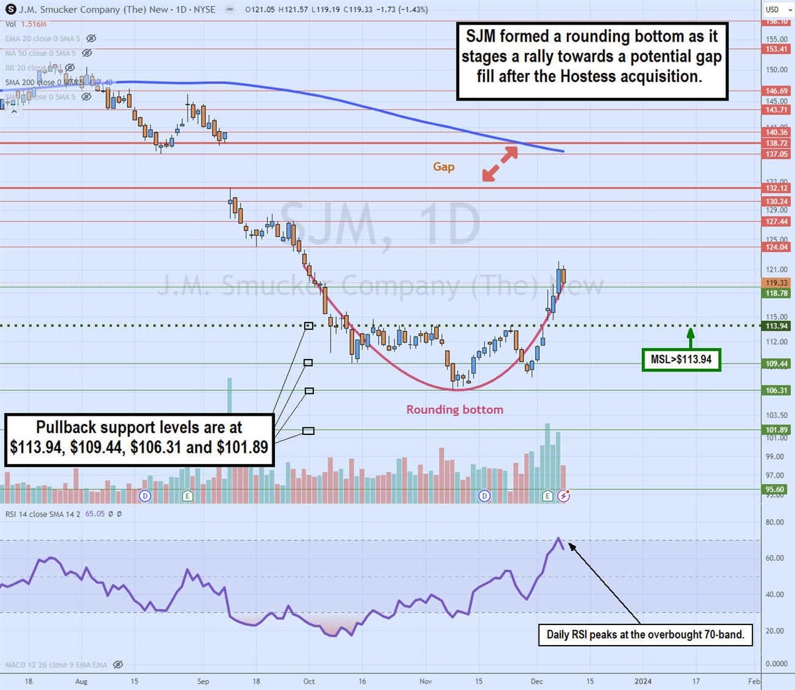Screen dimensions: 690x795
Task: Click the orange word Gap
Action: point(443,166)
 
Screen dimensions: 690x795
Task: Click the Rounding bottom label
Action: point(454,409)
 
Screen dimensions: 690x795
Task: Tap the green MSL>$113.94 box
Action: point(680,360)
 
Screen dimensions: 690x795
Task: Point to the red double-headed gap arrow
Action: point(500,163)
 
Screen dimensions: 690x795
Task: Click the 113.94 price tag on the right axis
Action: point(776,326)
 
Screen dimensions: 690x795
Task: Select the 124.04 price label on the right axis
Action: point(776,247)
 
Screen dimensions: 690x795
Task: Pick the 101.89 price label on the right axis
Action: point(776,430)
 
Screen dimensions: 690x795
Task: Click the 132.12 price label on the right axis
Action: point(776,188)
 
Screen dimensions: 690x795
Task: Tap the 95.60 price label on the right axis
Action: point(775,489)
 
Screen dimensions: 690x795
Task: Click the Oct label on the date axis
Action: point(309,681)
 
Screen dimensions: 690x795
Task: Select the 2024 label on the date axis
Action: point(643,681)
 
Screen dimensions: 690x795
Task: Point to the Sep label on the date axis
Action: point(203,681)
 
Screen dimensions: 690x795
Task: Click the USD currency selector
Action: point(776,9)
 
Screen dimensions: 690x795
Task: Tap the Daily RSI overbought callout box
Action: point(645,634)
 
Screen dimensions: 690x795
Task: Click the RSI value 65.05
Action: point(95,514)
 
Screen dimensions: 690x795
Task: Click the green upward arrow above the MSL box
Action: point(690,337)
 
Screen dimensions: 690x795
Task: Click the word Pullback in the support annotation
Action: point(66,427)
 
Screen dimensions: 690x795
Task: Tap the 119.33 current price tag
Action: point(776,283)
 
